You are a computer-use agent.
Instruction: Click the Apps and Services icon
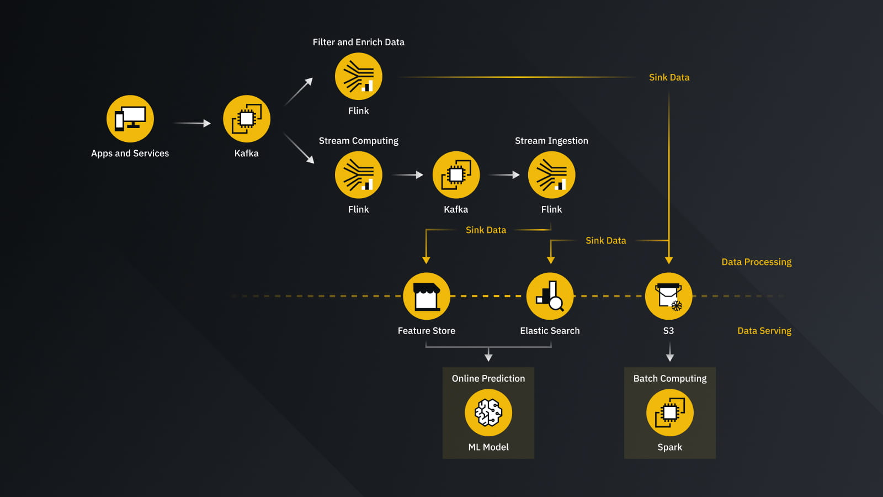(130, 119)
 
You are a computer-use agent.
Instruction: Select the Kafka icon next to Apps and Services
(247, 119)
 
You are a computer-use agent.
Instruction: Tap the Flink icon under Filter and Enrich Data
(359, 76)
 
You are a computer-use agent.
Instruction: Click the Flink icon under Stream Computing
(359, 175)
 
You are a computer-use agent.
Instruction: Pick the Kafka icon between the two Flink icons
(456, 175)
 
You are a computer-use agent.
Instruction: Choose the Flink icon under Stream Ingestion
(551, 175)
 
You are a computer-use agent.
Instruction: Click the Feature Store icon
(427, 296)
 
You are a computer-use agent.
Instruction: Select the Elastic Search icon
(550, 296)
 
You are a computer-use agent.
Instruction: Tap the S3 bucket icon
(668, 296)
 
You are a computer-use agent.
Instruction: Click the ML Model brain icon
(488, 413)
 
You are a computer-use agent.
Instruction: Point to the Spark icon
(670, 413)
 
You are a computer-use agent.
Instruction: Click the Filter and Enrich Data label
(359, 42)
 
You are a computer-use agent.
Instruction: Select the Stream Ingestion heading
(551, 141)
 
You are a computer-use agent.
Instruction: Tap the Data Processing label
(756, 262)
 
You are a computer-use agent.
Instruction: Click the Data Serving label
(764, 331)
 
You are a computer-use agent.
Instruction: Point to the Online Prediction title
(488, 378)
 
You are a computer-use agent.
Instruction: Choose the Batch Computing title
(670, 378)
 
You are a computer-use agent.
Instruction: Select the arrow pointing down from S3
(670, 352)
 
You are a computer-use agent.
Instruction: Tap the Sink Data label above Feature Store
(486, 230)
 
